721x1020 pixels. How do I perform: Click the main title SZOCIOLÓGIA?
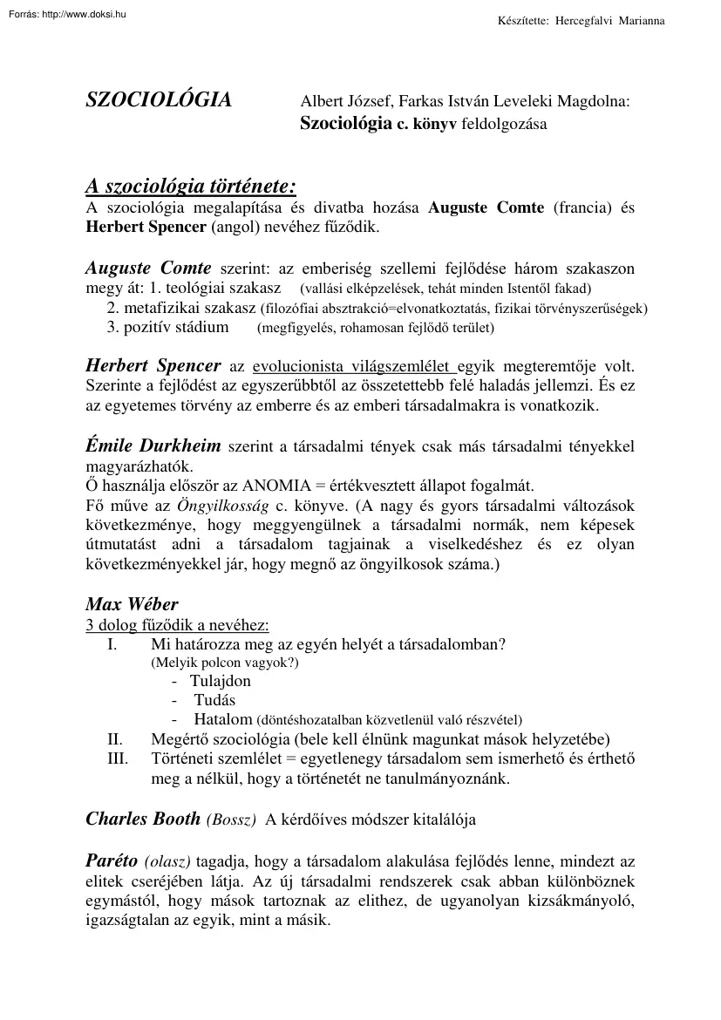click(159, 100)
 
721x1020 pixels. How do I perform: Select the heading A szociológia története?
click(191, 187)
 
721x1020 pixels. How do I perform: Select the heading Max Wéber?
click(132, 604)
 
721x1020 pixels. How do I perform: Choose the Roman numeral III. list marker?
click(118, 758)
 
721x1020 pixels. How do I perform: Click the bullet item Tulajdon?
click(220, 681)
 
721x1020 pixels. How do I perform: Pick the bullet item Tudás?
click(214, 700)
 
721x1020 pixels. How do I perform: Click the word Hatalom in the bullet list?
click(222, 719)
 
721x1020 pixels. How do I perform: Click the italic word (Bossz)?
click(231, 819)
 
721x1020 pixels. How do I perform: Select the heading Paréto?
click(111, 860)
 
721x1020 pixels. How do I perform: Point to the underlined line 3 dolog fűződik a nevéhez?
click(177, 625)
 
